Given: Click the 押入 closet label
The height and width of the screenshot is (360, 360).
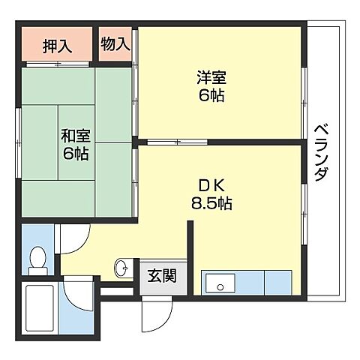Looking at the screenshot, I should [x=57, y=46].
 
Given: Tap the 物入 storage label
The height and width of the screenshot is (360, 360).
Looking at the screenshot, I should [x=115, y=43].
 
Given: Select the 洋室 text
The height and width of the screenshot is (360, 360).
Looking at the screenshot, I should [x=213, y=77].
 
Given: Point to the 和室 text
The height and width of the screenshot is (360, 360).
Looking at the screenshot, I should [x=75, y=136].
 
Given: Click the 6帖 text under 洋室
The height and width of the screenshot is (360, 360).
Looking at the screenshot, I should [x=213, y=95].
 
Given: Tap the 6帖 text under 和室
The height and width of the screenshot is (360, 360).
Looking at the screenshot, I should [x=76, y=154].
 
